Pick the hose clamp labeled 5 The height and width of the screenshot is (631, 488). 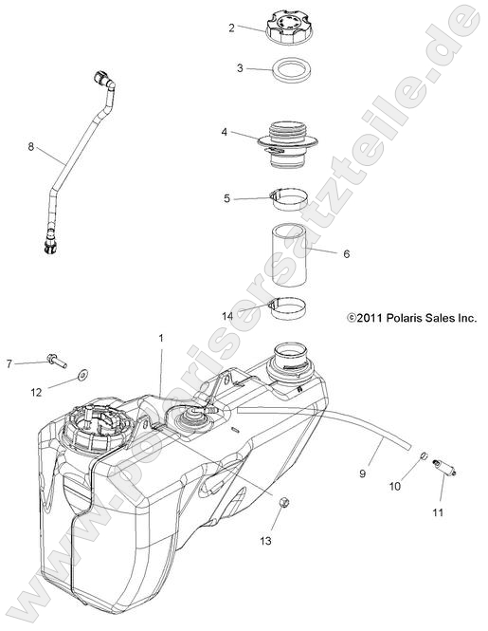click(x=287, y=199)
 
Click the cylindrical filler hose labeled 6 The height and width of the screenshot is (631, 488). click(x=288, y=254)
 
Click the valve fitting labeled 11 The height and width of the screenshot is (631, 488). click(x=443, y=467)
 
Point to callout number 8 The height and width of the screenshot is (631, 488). click(x=30, y=147)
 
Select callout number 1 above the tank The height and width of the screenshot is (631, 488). click(x=161, y=339)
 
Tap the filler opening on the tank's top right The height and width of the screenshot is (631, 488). click(x=292, y=363)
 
